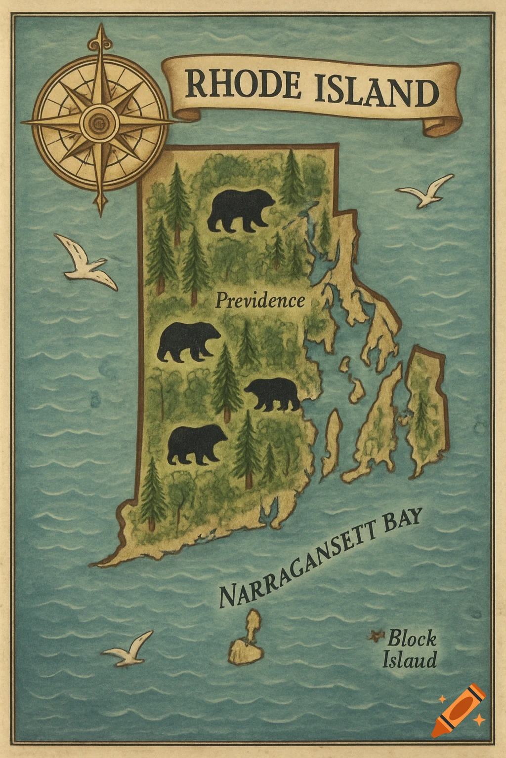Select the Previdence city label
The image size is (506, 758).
point(260,301)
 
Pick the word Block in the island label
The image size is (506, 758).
point(412,639)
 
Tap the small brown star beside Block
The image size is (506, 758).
point(376,636)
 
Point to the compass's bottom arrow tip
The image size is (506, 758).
point(101,210)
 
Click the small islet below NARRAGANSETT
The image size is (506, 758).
point(246,640)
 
